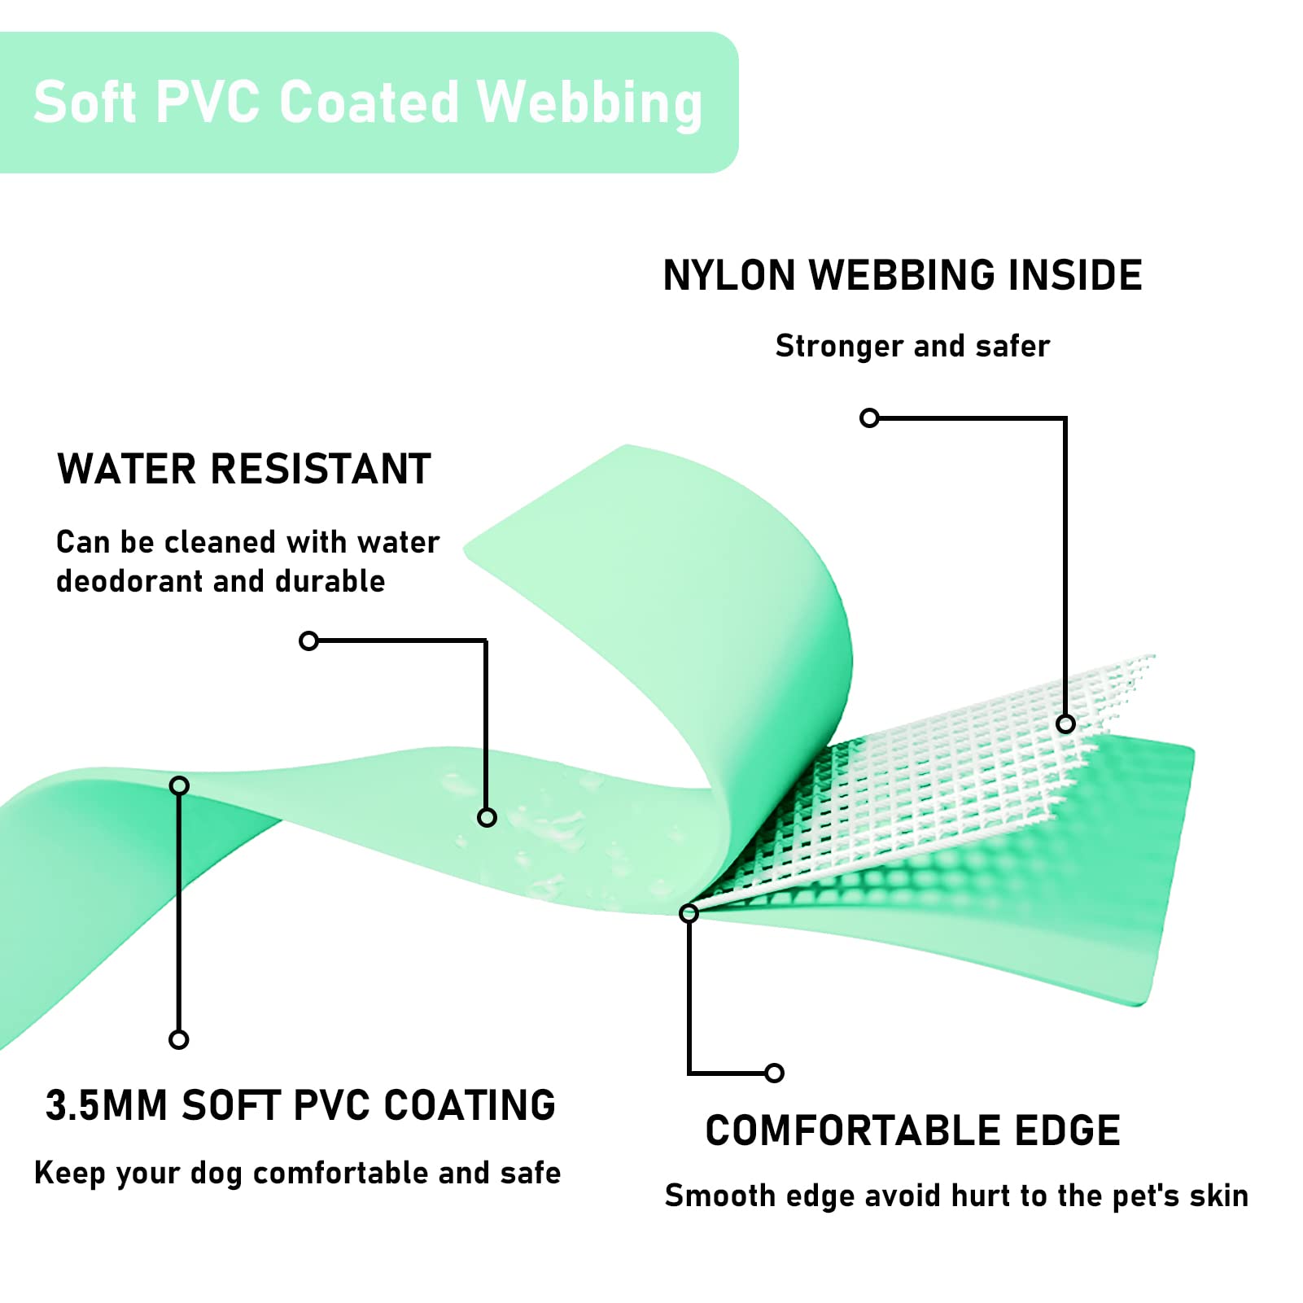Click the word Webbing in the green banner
pos(589,103)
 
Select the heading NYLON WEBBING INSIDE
pos(903,275)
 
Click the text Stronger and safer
pos(912,346)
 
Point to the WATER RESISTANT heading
pos(244,470)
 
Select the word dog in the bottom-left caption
pos(216,1174)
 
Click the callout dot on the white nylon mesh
pos(1065,724)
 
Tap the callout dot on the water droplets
pos(487,817)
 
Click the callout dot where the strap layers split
pos(689,913)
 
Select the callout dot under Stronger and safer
pos(869,418)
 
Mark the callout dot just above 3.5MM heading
pos(179,1039)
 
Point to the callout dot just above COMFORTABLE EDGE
pos(775,1073)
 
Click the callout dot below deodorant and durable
pos(308,641)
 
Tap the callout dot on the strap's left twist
pos(179,785)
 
